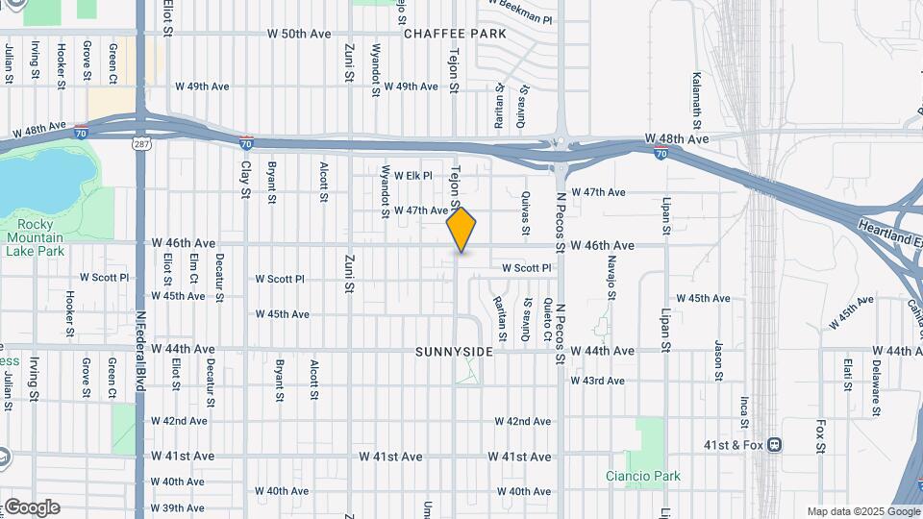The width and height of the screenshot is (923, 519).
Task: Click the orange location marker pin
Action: tap(461, 229)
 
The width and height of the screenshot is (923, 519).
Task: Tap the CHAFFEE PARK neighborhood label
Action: tap(455, 34)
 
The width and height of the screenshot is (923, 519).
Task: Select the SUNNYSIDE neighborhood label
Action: tap(455, 352)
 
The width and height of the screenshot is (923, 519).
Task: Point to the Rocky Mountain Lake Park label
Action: tap(35, 237)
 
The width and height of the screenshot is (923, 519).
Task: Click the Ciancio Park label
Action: tap(643, 476)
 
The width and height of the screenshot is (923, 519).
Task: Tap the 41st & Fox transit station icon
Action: tap(775, 445)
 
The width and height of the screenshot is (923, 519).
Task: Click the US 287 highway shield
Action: tap(140, 143)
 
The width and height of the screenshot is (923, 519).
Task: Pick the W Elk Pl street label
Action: tap(413, 176)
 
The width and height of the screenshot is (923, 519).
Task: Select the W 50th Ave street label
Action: tap(299, 34)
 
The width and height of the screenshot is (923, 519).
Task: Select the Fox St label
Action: tap(820, 434)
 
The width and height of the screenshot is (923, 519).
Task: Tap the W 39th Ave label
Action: tap(177, 507)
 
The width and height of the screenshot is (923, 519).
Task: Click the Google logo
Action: tap(32, 507)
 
